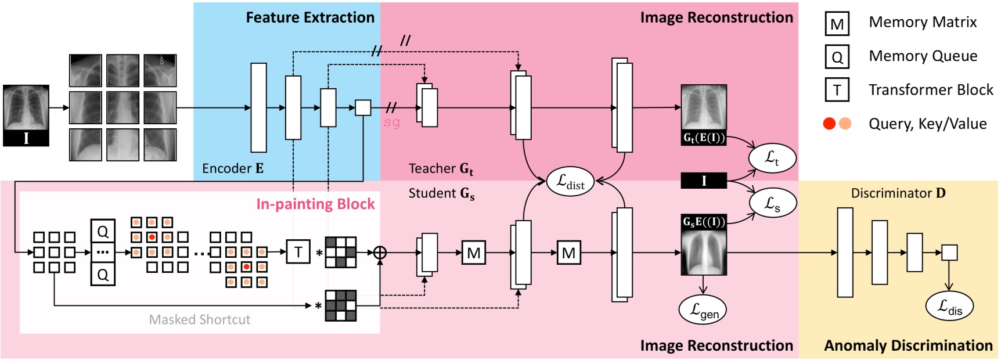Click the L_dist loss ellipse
pyautogui.click(x=570, y=182)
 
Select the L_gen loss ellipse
pyautogui.click(x=703, y=310)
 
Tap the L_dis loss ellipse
pyautogui.click(x=949, y=306)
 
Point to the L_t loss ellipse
pyautogui.click(x=772, y=157)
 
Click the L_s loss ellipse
pyautogui.click(x=772, y=203)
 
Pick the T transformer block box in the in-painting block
pyautogui.click(x=298, y=252)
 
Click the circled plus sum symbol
pyautogui.click(x=380, y=253)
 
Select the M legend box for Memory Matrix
pyautogui.click(x=837, y=24)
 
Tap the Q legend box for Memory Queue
pyautogui.click(x=837, y=57)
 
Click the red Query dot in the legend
pyautogui.click(x=829, y=124)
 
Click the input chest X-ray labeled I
pyautogui.click(x=26, y=115)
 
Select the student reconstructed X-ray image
pyautogui.click(x=703, y=244)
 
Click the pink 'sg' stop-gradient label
pyautogui.click(x=392, y=123)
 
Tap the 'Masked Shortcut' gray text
pyautogui.click(x=199, y=319)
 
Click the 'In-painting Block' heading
pyautogui.click(x=315, y=204)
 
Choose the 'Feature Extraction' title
pyautogui.click(x=310, y=17)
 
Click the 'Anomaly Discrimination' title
pyautogui.click(x=908, y=345)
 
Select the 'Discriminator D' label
pyautogui.click(x=898, y=193)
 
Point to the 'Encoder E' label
pyautogui.click(x=232, y=168)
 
